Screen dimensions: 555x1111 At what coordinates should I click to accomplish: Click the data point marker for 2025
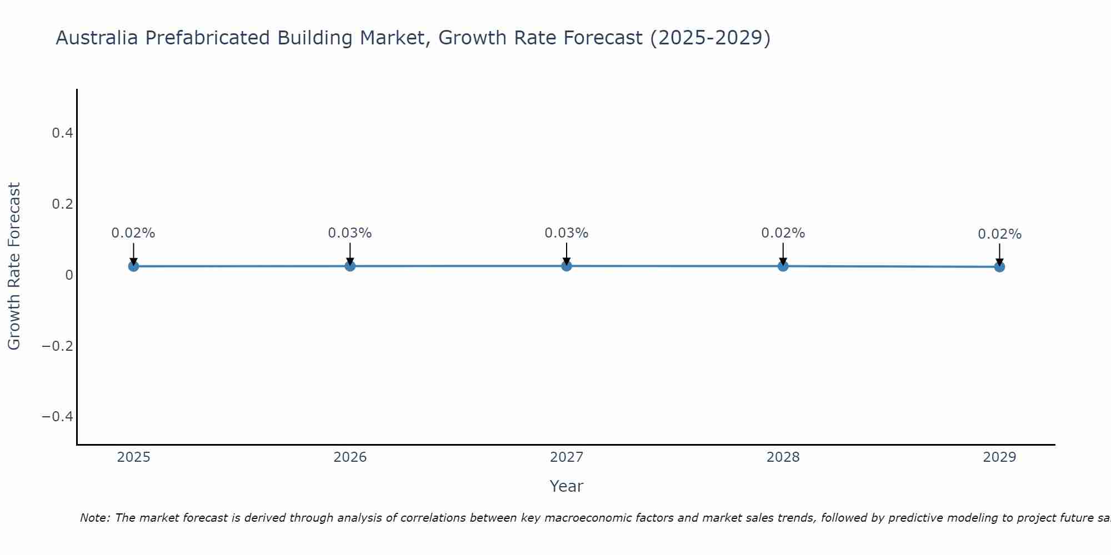133,266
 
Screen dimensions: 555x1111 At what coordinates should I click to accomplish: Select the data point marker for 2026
350,266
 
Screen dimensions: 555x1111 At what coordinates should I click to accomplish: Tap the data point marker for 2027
567,266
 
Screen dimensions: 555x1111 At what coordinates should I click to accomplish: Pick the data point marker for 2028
783,266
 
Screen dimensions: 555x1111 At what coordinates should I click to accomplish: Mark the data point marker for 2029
999,267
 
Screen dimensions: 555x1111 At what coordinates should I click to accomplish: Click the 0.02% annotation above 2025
133,233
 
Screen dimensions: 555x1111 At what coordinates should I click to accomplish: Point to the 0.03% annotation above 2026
350,233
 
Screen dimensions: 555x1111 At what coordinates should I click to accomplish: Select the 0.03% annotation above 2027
567,233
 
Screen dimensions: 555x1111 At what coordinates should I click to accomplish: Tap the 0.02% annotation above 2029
999,234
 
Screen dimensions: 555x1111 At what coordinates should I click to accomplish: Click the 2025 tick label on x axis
134,457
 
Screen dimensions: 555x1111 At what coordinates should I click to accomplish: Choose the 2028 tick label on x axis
783,457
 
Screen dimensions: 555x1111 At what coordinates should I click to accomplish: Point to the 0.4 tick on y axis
62,133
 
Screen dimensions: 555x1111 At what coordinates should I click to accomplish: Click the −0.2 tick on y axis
58,346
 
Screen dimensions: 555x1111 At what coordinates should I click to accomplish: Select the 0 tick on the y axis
69,275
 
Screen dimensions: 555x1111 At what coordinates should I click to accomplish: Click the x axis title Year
566,486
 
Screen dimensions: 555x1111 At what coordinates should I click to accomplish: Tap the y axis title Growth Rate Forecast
14,266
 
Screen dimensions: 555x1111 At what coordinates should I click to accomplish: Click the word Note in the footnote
94,518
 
